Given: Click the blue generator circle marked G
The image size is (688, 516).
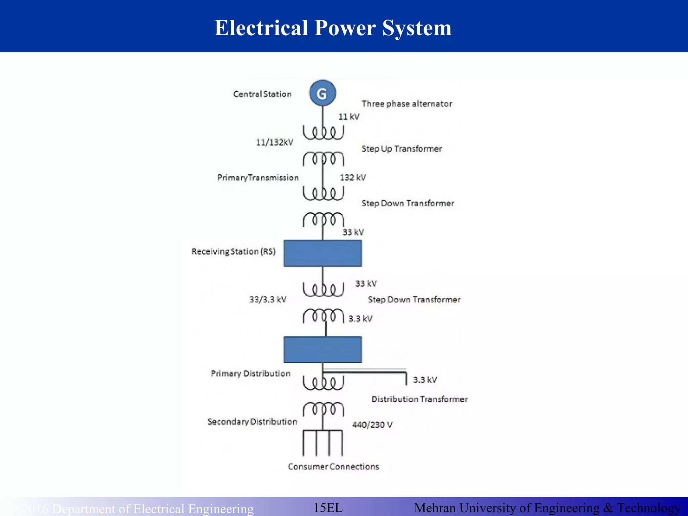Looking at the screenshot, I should [322, 93].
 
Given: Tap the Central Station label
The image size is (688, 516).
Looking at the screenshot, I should [262, 94].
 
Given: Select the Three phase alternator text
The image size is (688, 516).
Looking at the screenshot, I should [407, 104].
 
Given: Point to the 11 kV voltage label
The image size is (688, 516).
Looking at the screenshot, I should [349, 117].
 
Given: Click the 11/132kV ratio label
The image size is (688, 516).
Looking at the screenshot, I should [274, 142].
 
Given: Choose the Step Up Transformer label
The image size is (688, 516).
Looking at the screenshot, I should [402, 149].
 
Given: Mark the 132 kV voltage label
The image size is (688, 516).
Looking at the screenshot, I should [353, 177].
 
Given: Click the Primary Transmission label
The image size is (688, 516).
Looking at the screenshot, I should [258, 177].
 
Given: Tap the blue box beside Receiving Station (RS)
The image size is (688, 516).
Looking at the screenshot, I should [322, 253].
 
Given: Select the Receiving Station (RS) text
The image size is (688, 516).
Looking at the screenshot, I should [233, 251].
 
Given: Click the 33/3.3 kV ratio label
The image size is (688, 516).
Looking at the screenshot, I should [268, 299].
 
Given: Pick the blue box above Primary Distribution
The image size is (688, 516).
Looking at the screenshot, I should [322, 349].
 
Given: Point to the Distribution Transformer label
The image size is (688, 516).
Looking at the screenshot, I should [420, 399].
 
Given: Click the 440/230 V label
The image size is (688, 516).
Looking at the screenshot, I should [372, 425].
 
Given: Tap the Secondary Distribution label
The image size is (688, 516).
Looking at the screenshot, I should [252, 422].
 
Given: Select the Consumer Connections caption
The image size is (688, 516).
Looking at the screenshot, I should [333, 467].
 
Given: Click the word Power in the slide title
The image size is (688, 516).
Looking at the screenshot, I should [345, 28].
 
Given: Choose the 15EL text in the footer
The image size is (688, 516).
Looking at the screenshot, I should [328, 508].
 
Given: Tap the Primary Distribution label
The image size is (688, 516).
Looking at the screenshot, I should [250, 373].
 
